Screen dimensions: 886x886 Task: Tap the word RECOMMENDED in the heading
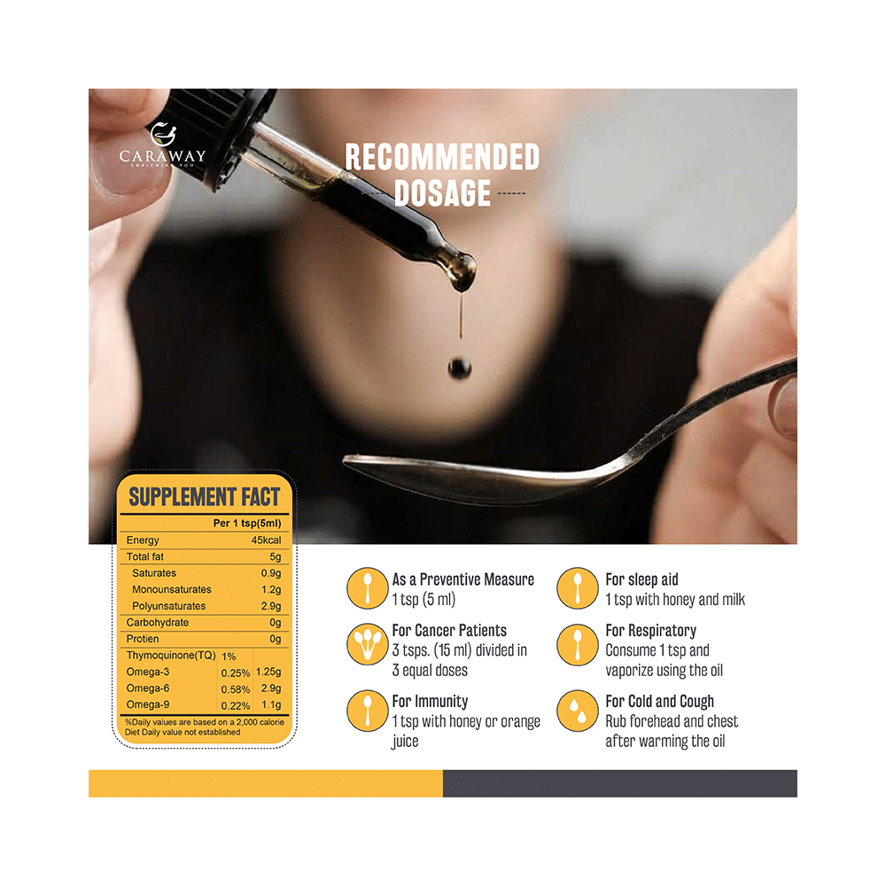(x=442, y=158)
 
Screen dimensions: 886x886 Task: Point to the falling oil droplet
(x=459, y=367)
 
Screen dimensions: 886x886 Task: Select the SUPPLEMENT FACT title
(x=205, y=496)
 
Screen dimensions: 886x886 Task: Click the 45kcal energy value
(x=266, y=540)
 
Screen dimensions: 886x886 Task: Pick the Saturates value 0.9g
(x=269, y=573)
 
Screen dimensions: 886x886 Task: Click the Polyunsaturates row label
(x=168, y=606)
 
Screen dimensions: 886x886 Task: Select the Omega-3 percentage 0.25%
(x=235, y=672)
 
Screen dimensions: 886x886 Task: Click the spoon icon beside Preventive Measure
(x=366, y=588)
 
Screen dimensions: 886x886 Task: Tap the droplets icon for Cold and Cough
(x=578, y=711)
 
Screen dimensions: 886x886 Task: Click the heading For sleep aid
(x=641, y=579)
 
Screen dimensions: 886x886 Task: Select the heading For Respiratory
(x=650, y=631)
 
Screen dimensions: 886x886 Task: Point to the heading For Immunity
(x=430, y=702)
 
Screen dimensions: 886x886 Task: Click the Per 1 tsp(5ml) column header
(x=246, y=524)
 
